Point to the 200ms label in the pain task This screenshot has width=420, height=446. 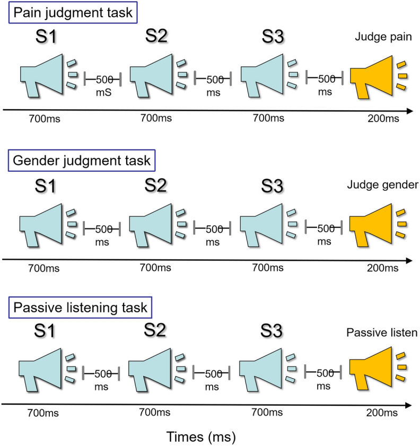coord(381,118)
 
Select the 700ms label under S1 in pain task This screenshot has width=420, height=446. coord(46,118)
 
